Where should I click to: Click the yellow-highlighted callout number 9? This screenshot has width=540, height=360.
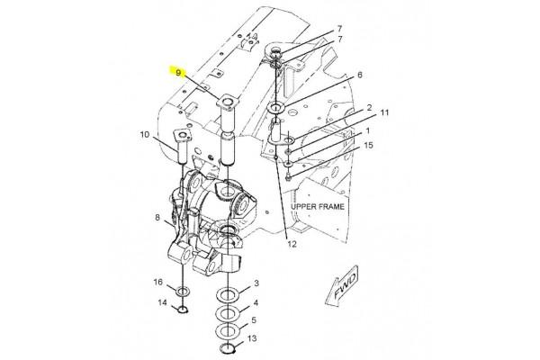[x=178, y=73]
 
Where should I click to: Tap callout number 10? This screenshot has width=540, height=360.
[x=145, y=134]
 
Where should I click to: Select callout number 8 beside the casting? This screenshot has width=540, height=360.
[x=157, y=218]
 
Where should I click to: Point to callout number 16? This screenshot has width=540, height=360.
[x=157, y=282]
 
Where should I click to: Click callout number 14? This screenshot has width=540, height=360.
[x=162, y=302]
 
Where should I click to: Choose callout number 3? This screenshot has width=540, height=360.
[x=256, y=283]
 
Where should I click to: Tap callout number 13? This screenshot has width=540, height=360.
[x=252, y=338]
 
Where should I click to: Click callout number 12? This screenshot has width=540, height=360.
[x=292, y=244]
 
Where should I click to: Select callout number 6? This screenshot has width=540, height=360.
[x=359, y=75]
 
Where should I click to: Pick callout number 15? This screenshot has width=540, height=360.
[x=368, y=145]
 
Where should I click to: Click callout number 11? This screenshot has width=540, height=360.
[x=384, y=112]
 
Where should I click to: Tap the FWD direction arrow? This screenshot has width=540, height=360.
[x=342, y=285]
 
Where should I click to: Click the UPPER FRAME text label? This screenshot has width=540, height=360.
[x=318, y=207]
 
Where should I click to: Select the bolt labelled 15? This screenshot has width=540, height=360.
[x=289, y=177]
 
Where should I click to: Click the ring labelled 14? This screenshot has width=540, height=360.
[x=182, y=310]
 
